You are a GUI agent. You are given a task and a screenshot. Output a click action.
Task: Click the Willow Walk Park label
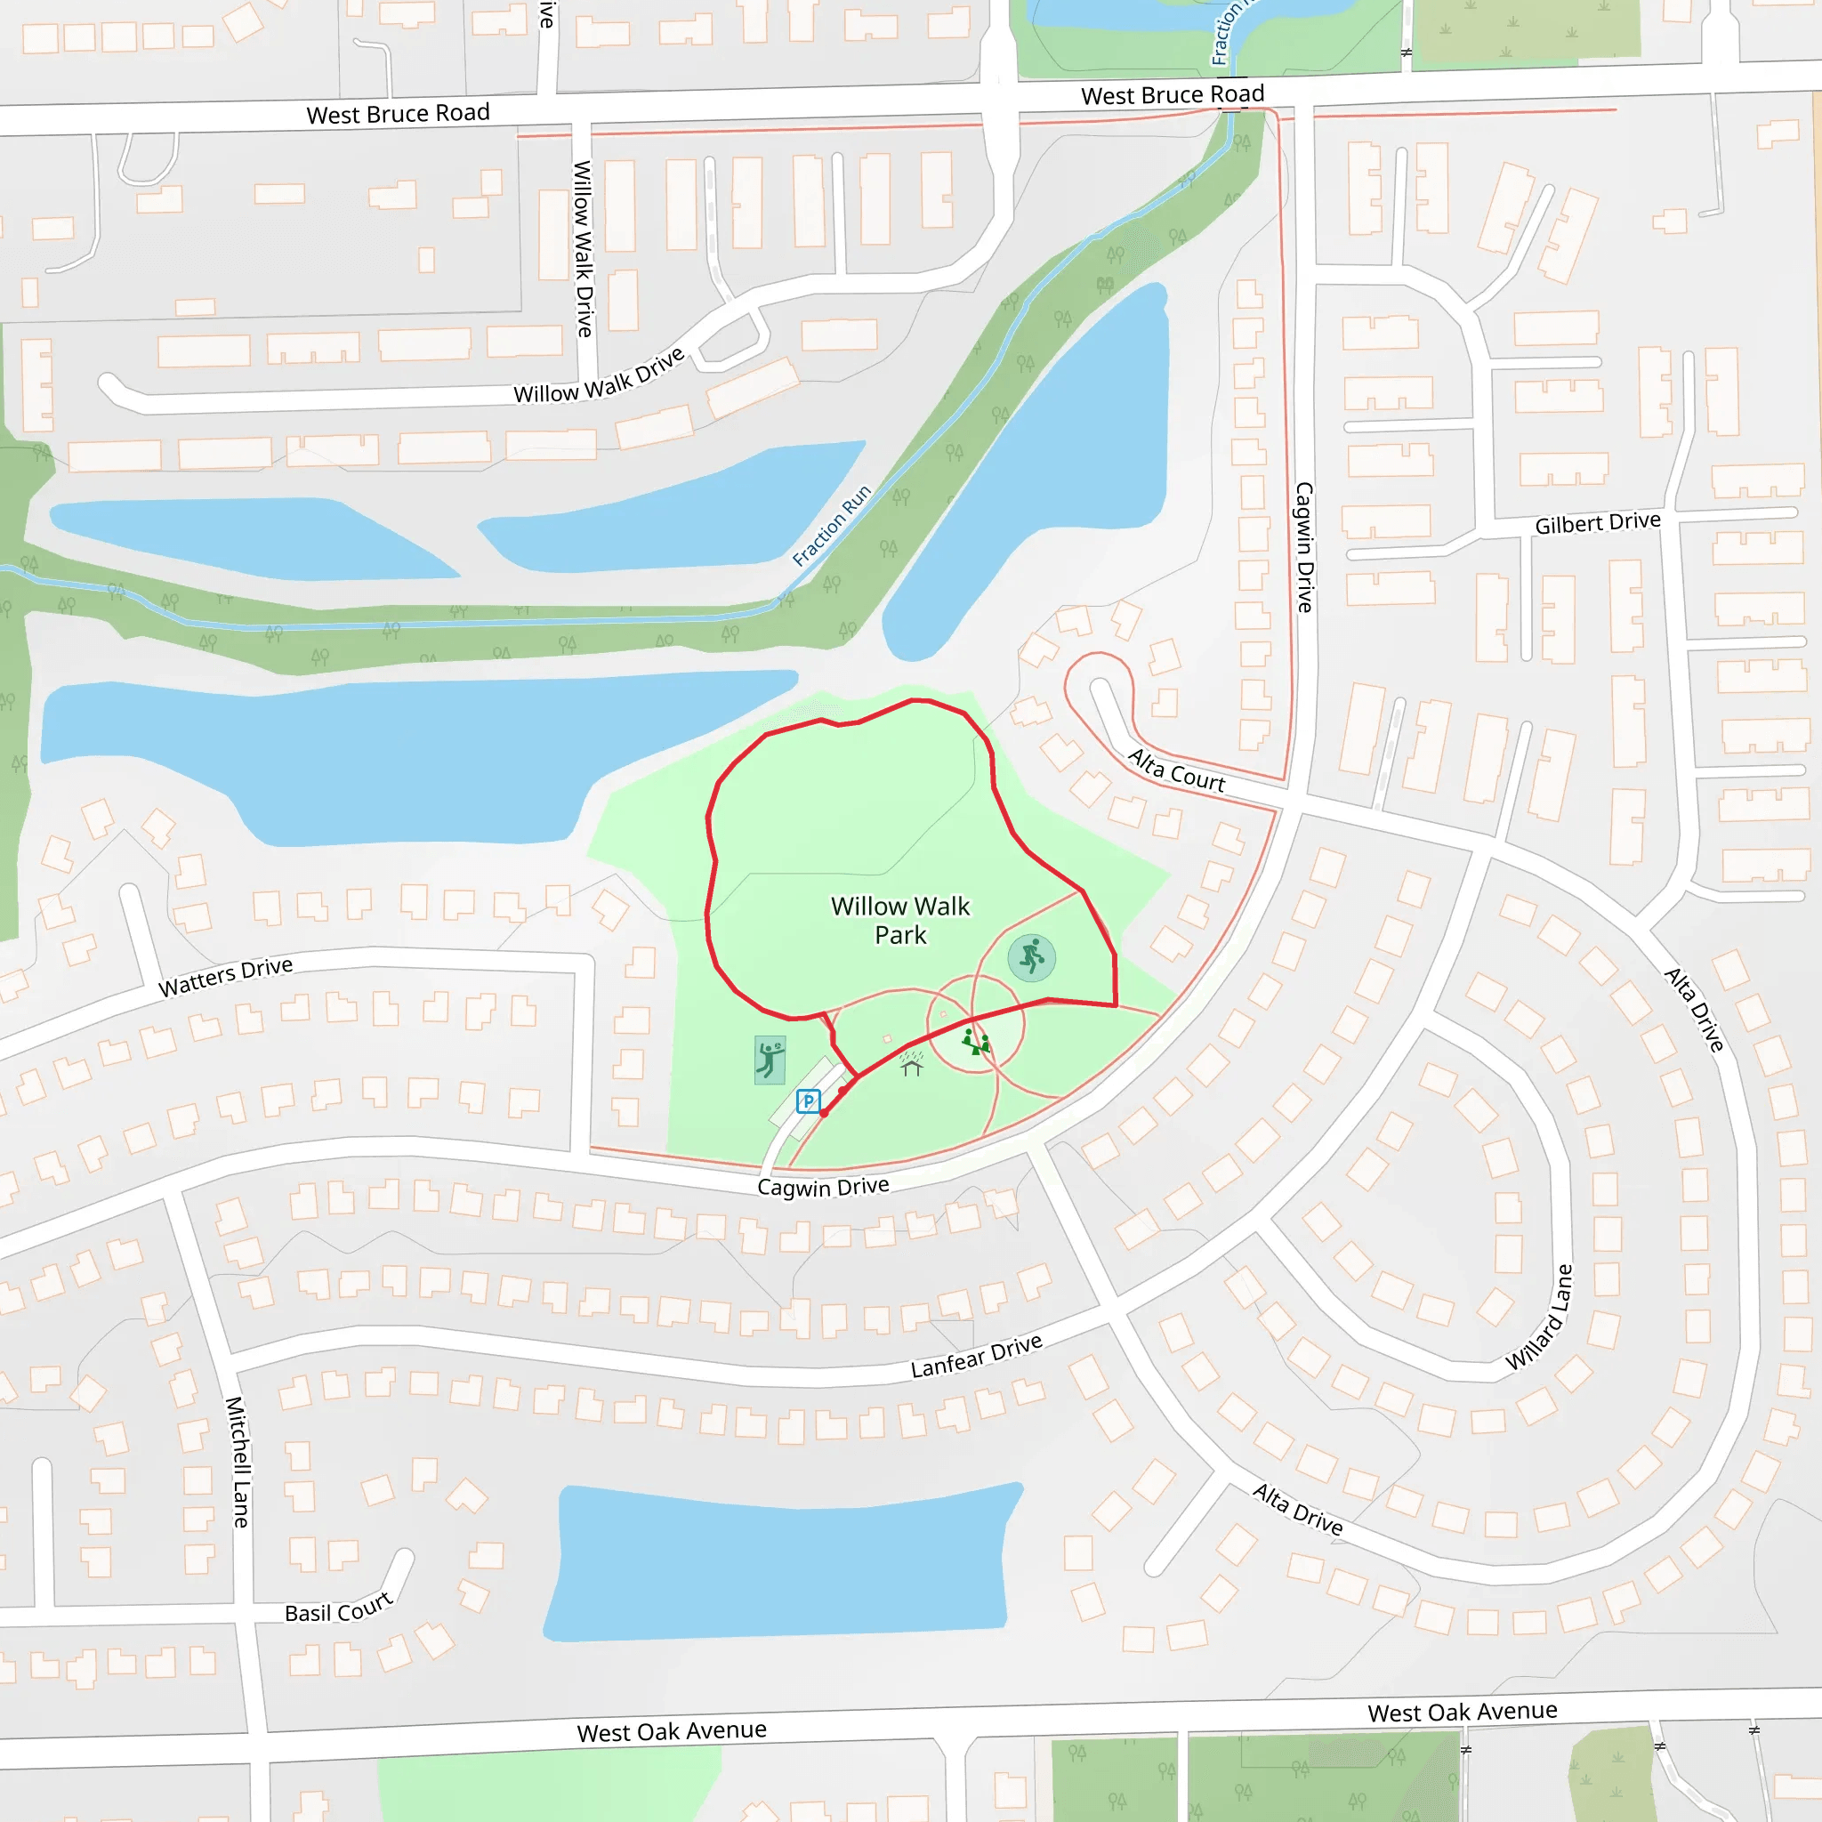click(899, 921)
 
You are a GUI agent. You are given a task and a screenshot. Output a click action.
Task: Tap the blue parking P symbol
click(808, 1100)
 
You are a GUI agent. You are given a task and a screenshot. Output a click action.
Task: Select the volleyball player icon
click(770, 1060)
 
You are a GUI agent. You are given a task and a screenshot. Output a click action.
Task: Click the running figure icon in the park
click(1032, 957)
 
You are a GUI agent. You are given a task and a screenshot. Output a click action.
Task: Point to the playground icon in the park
click(976, 1042)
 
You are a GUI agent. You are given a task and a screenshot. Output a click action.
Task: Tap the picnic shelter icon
click(911, 1063)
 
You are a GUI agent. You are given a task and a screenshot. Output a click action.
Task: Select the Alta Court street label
click(1176, 770)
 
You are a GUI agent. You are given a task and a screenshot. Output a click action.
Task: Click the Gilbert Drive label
click(1598, 522)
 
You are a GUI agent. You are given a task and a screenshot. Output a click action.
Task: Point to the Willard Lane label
click(1539, 1317)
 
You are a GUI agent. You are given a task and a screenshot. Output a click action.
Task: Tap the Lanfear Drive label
click(976, 1355)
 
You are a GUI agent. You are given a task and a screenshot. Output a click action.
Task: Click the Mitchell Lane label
click(238, 1462)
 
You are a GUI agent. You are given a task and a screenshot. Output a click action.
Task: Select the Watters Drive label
click(225, 976)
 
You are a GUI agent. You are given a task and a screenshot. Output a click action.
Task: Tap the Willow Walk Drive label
click(599, 376)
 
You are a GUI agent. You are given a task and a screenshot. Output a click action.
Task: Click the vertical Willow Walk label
click(584, 249)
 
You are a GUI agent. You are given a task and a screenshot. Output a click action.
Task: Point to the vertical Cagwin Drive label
click(1304, 547)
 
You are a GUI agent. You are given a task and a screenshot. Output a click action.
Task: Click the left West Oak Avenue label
click(672, 1730)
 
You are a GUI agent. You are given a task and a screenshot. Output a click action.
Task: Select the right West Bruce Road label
click(1173, 95)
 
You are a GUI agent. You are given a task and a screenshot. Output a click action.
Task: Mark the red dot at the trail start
click(824, 1113)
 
